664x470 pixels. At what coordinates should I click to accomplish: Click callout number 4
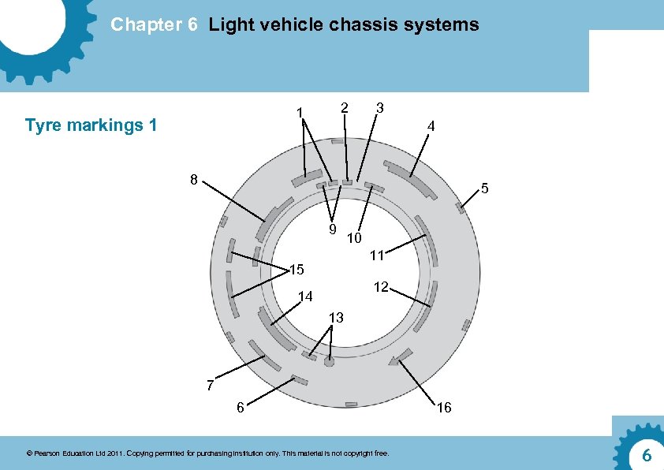coord(430,126)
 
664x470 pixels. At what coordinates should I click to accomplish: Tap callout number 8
coord(193,179)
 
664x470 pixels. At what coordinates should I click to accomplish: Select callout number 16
coord(444,408)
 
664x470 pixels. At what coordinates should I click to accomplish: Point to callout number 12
coord(381,287)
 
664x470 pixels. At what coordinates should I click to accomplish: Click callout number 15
coord(296,270)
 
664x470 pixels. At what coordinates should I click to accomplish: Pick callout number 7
coord(210,386)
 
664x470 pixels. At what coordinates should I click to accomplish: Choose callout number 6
coord(240,408)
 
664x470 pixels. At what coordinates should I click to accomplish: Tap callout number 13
coord(336,318)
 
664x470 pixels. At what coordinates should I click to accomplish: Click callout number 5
coord(486,188)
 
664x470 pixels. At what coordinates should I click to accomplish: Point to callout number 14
coord(306,297)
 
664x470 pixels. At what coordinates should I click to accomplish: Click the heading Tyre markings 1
coord(91,125)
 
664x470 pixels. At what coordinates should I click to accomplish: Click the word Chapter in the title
coord(144,24)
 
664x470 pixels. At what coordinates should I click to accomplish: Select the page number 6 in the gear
coord(646,455)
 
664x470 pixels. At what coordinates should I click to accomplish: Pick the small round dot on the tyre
coord(329,362)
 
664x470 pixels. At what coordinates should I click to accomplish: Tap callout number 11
coord(376,255)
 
